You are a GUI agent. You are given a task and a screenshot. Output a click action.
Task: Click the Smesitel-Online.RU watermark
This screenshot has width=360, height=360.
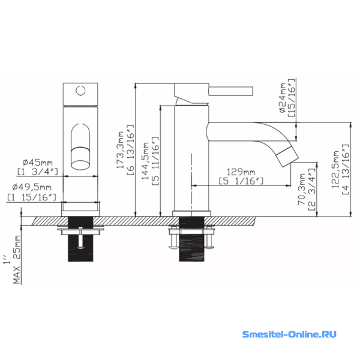(x=289, y=334)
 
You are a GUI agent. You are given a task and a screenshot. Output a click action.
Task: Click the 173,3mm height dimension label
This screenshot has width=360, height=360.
(x=120, y=150)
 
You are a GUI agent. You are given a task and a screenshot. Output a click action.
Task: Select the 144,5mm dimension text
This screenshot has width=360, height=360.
(x=145, y=161)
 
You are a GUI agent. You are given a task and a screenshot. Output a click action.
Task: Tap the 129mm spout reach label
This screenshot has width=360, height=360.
(x=241, y=172)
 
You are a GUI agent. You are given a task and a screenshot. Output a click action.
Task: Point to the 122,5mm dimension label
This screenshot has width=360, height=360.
(x=335, y=169)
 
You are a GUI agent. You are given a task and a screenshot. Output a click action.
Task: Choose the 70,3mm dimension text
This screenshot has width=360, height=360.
(x=302, y=189)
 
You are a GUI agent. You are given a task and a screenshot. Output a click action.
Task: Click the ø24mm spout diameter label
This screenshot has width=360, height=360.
(x=283, y=98)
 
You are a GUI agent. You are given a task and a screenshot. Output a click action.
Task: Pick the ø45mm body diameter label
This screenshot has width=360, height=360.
(x=38, y=163)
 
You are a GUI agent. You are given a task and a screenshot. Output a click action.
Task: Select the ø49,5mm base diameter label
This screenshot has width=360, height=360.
(x=32, y=187)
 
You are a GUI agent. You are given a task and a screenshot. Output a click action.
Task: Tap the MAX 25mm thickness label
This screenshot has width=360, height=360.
(x=17, y=260)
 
